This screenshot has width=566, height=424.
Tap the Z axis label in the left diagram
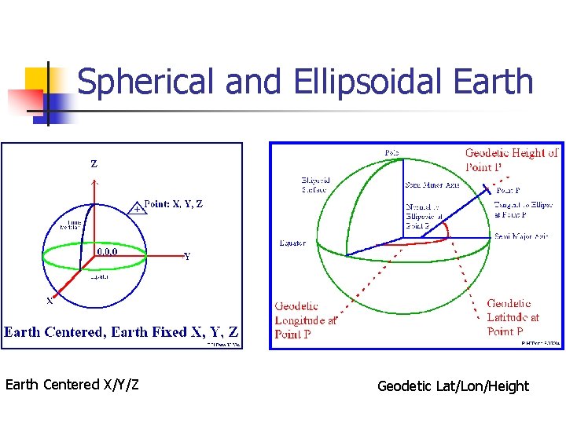point(94,164)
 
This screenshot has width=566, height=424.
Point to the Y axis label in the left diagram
point(186,257)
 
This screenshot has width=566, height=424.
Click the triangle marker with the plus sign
point(137,208)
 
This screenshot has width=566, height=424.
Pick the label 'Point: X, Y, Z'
point(174,204)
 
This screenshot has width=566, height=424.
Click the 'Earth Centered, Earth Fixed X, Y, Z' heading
point(121,332)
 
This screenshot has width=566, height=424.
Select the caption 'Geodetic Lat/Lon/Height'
point(453,386)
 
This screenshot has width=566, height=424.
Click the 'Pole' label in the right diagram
point(391,152)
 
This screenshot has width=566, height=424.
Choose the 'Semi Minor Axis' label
point(432,185)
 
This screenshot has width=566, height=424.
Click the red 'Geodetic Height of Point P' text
point(511,159)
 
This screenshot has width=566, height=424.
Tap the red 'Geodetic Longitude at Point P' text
point(306,320)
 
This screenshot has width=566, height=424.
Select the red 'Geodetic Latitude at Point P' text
point(513,317)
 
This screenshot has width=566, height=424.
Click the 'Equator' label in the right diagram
point(292,243)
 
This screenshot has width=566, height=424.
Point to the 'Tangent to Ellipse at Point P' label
point(521,208)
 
